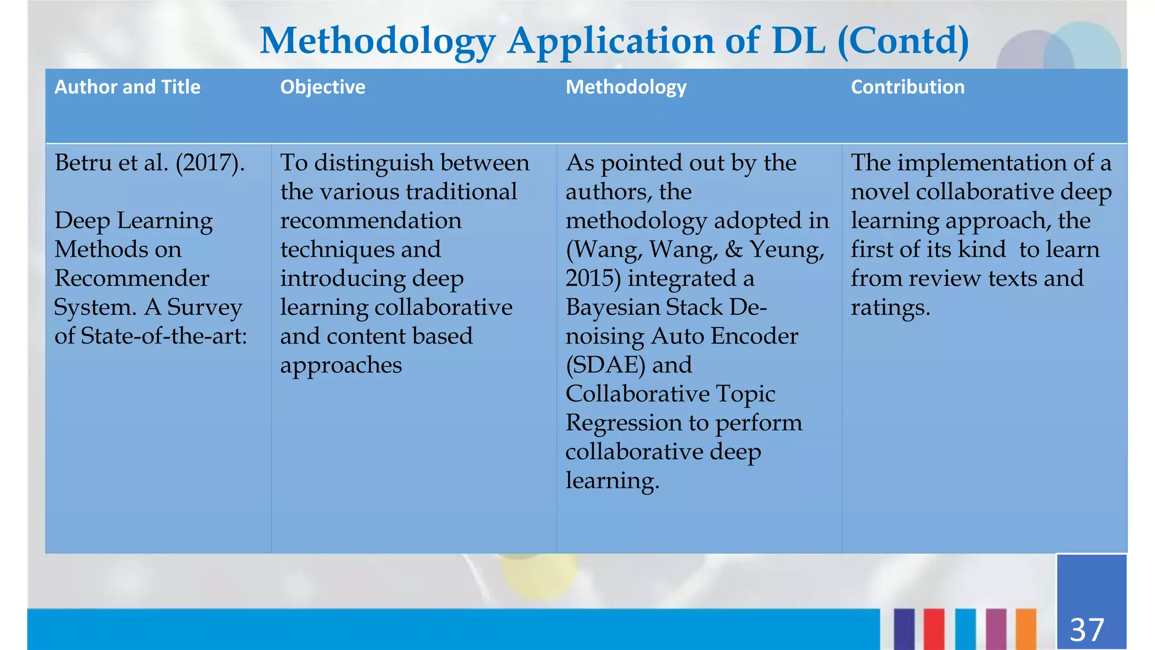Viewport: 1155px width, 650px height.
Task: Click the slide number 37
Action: [x=1087, y=630]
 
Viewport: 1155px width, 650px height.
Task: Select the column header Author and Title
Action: [x=127, y=87]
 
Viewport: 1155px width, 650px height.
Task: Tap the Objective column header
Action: [x=323, y=87]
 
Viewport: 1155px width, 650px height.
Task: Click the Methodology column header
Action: [x=626, y=87]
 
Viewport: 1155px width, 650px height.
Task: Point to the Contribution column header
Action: [x=907, y=87]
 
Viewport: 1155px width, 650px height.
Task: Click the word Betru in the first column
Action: [x=83, y=162]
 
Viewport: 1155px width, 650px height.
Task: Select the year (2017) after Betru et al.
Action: [x=210, y=163]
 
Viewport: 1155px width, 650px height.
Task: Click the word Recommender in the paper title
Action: [x=132, y=278]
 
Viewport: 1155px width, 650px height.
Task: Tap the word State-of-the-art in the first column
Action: [x=164, y=336]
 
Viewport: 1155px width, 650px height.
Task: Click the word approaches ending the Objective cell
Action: [x=341, y=366]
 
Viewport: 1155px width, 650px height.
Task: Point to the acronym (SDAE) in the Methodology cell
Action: [x=605, y=365]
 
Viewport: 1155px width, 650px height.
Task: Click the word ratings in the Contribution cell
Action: [x=890, y=308]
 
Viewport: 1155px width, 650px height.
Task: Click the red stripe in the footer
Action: [x=934, y=629]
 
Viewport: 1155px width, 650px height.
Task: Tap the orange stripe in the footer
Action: [x=1026, y=629]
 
